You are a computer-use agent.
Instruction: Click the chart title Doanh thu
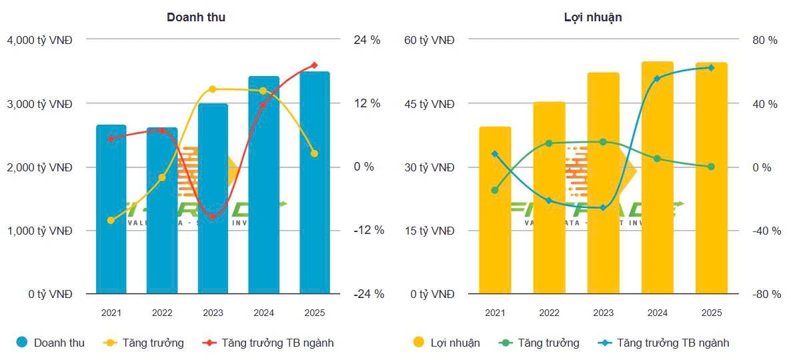[x=195, y=17]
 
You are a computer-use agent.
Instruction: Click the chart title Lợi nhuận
[x=593, y=17]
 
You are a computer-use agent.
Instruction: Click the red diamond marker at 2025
[x=314, y=65]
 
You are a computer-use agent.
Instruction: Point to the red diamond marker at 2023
[x=213, y=217]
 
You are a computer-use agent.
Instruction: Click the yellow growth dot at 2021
[x=111, y=220]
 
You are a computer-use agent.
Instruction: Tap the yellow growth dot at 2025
[x=314, y=153]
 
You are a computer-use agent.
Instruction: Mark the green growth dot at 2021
[x=494, y=190]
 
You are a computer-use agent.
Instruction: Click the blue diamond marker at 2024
[x=657, y=79]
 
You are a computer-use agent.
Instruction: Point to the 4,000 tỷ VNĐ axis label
[x=39, y=40]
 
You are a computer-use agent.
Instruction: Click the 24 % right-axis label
[x=367, y=40]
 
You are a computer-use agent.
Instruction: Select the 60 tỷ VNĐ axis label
[x=430, y=40]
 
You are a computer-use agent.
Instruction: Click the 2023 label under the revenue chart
[x=213, y=313]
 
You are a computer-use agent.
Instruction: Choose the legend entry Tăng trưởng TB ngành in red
[x=277, y=343]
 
